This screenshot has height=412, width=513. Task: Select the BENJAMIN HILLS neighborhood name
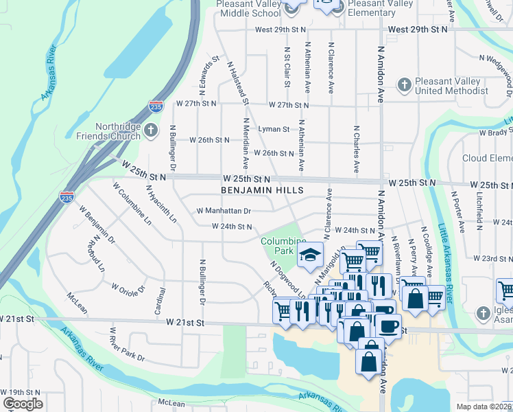[261, 189]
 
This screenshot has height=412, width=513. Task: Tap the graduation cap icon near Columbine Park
[310, 256]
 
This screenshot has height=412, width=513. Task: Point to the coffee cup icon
[388, 327]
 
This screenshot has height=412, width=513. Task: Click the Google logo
[23, 404]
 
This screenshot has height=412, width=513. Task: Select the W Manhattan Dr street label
[224, 211]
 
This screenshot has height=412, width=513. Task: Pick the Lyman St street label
[274, 128]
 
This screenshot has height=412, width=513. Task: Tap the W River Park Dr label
[127, 347]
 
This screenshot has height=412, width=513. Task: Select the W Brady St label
[496, 132]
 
